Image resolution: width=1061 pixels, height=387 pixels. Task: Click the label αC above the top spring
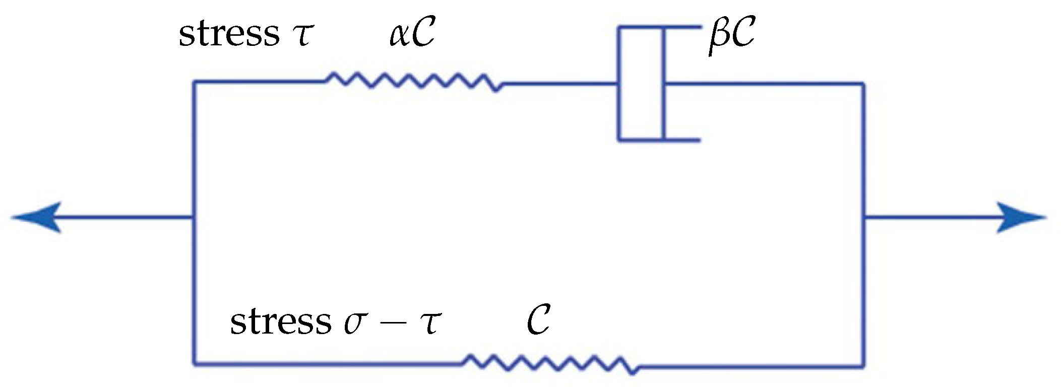(412, 34)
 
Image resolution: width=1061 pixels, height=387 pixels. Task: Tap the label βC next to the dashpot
(731, 35)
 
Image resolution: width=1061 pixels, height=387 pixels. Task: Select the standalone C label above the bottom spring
(538, 320)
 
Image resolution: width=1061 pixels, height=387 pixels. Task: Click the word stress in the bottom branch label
(280, 321)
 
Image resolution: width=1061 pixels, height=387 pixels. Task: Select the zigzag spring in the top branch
(413, 82)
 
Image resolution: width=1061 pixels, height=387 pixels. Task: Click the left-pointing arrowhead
(38, 218)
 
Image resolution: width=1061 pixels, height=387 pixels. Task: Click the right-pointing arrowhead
(1021, 218)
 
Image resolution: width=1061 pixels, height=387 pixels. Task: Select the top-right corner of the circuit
(863, 84)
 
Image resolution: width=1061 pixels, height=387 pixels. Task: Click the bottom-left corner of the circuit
(194, 363)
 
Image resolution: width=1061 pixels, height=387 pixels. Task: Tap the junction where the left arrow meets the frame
(194, 218)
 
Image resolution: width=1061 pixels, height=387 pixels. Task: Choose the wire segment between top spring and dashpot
(559, 84)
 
